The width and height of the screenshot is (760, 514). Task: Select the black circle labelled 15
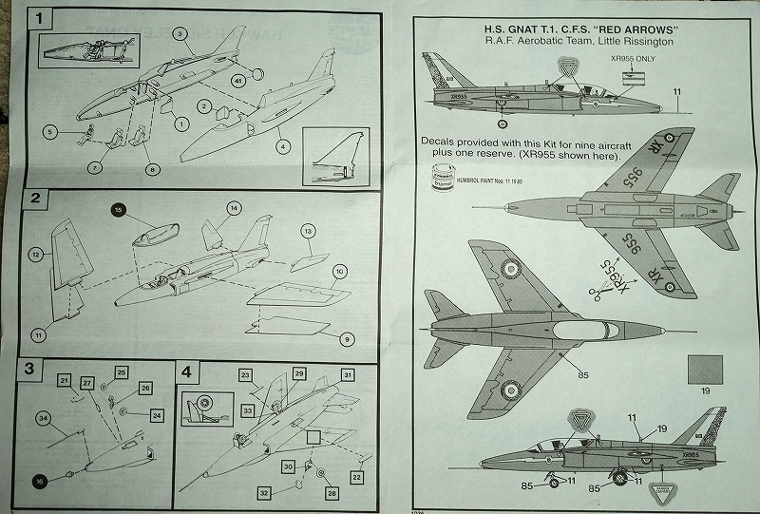point(119,208)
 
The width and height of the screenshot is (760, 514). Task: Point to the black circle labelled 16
point(41,480)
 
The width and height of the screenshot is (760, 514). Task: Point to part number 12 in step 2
point(35,254)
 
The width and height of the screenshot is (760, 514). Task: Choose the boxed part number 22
point(356,476)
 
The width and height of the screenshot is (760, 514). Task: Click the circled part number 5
point(50,131)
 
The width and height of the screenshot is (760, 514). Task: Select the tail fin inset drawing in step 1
point(334,154)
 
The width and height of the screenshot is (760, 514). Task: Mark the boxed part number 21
point(64,381)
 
